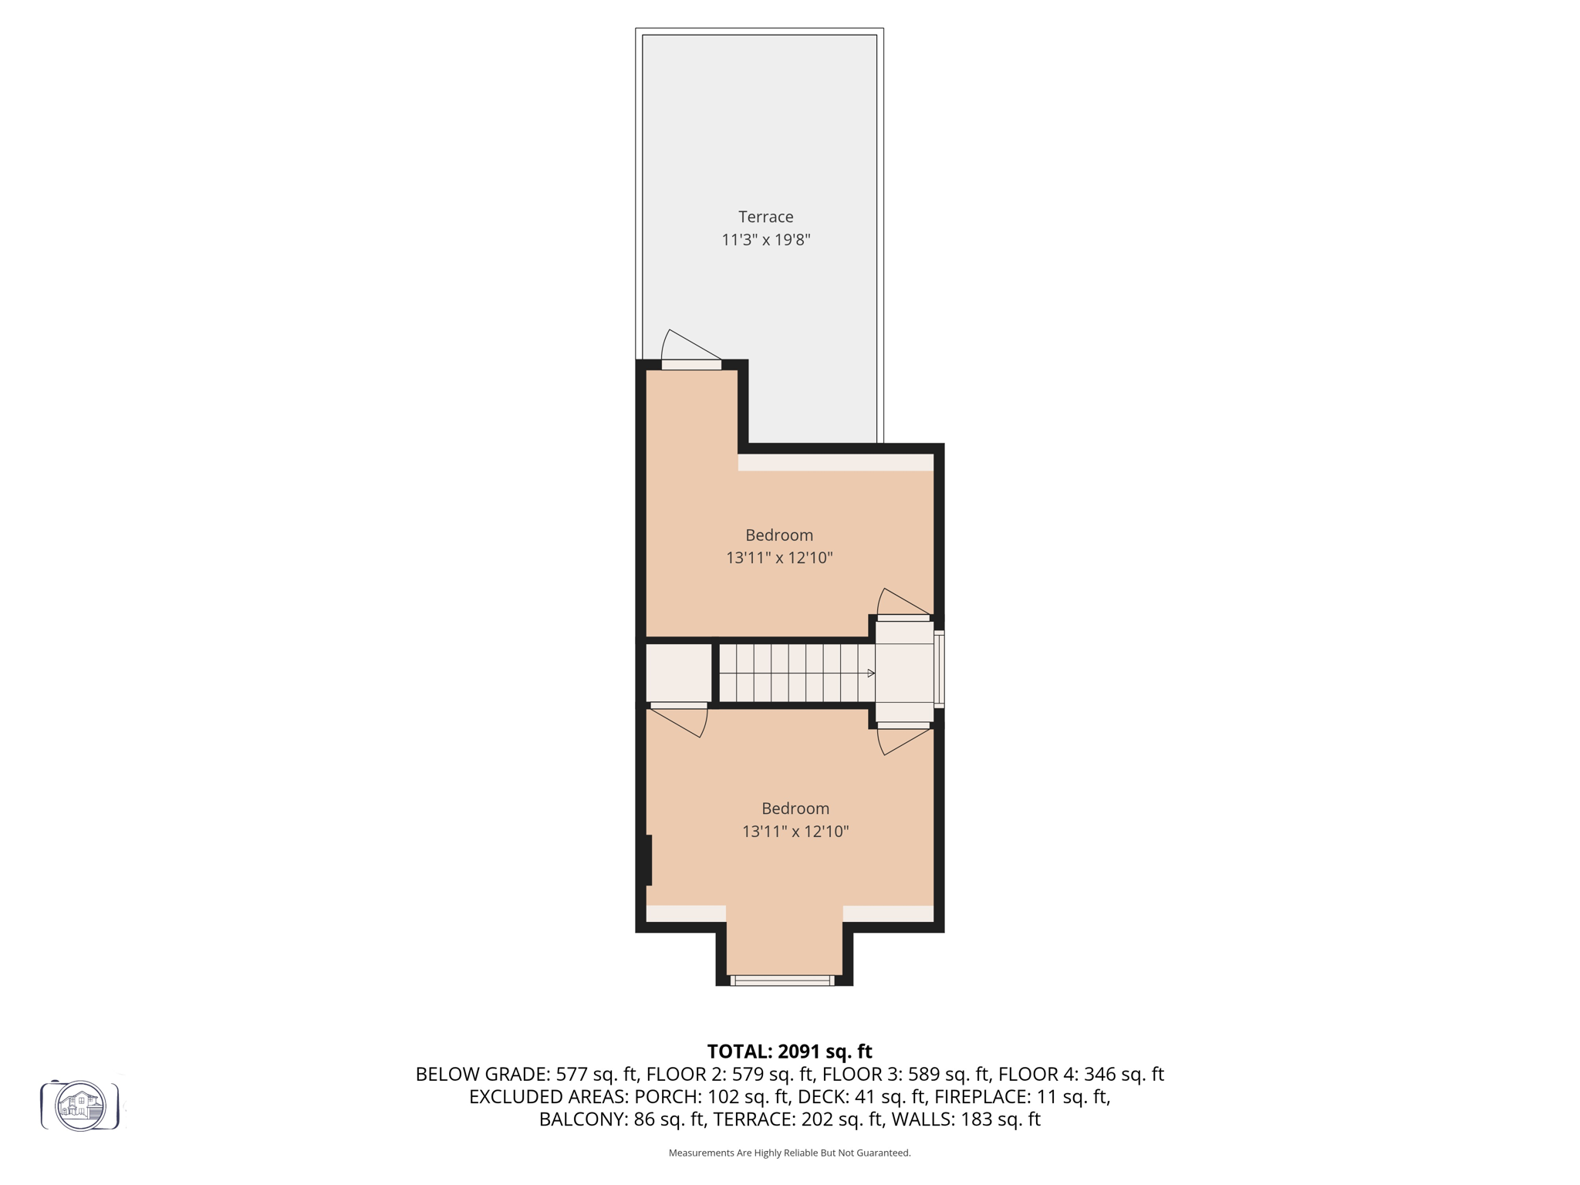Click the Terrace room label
coord(765,217)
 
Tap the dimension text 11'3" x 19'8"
coord(765,240)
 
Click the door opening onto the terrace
coord(690,364)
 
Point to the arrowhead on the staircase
coord(871,674)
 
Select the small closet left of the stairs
coord(678,672)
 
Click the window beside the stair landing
coord(939,669)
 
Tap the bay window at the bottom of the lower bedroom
coord(782,981)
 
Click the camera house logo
coord(80,1106)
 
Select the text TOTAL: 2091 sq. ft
coord(789,1052)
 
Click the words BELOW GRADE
coord(481,1074)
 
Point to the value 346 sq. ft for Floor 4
coord(1123,1074)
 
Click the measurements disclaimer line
coord(789,1153)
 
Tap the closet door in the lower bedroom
coord(679,706)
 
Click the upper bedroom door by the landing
coord(903,617)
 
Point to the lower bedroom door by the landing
coord(903,726)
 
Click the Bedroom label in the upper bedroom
coord(778,535)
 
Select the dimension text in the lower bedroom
coord(795,831)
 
